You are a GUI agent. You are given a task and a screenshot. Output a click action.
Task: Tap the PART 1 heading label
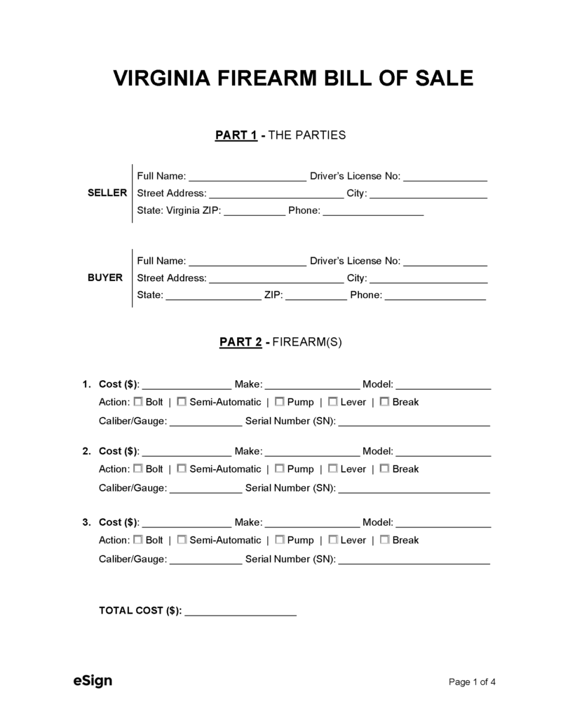coord(236,135)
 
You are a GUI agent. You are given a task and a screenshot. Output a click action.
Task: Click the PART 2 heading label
coord(241,342)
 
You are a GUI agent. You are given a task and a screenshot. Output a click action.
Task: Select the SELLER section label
coord(107,193)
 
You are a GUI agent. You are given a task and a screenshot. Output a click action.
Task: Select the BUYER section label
coord(105,278)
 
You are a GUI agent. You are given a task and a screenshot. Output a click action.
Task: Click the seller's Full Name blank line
coord(248,177)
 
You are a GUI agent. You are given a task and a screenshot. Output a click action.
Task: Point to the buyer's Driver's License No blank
coord(445,262)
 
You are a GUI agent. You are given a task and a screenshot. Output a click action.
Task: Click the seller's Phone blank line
coord(373,212)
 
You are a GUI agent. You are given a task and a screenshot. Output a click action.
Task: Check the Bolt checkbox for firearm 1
coord(138,402)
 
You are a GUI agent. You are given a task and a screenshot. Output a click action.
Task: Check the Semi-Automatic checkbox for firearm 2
coord(182,468)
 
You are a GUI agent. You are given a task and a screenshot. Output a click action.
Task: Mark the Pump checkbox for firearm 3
coord(279,540)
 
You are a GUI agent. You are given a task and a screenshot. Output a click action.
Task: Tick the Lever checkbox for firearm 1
coord(332,402)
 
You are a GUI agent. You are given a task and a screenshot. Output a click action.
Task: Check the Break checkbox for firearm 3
coord(384,540)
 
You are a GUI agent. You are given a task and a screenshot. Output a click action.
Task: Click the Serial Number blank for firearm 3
coord(414,561)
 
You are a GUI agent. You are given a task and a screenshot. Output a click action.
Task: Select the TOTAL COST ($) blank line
coord(241,612)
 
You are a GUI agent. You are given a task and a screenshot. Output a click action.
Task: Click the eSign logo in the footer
coord(93,680)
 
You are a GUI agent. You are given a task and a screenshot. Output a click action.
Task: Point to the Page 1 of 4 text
coord(473,682)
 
